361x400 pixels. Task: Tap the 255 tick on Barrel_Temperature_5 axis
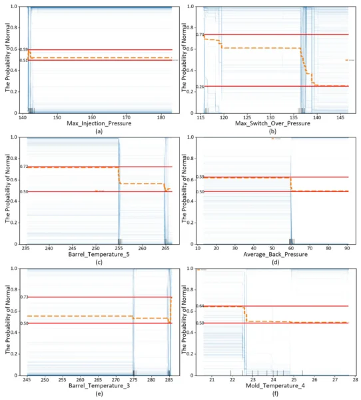pos(119,248)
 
